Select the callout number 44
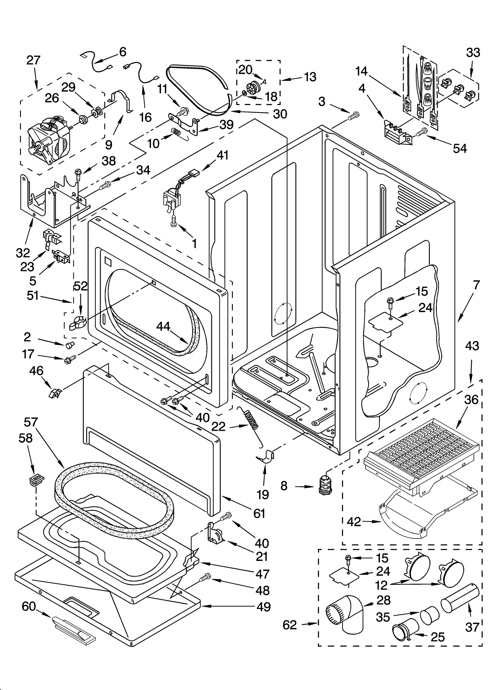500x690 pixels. tap(163, 326)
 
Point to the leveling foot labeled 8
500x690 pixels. tap(325, 486)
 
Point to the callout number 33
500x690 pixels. tap(472, 53)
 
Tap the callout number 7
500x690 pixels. tap(476, 285)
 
